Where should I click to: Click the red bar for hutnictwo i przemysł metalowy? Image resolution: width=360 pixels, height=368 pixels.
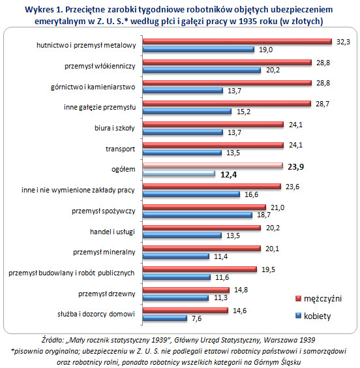[237, 42]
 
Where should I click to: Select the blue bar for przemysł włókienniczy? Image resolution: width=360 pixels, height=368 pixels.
[202, 70]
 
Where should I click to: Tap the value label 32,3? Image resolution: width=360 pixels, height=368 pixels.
[343, 42]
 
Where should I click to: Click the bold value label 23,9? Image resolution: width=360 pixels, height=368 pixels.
[295, 166]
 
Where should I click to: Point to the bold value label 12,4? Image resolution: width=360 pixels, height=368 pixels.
[229, 175]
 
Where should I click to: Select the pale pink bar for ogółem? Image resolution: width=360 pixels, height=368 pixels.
[213, 166]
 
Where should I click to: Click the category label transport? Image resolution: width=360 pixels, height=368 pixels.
[120, 149]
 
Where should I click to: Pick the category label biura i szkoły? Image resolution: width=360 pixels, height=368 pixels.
[114, 128]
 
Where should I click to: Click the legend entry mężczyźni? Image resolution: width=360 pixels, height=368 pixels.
[319, 299]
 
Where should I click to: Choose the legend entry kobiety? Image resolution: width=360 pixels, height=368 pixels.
[313, 316]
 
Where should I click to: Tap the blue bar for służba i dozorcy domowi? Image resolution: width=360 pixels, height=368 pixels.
[165, 318]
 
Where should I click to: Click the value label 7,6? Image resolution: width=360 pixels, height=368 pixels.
[196, 318]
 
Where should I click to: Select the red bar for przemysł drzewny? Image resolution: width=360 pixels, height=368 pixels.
[186, 290]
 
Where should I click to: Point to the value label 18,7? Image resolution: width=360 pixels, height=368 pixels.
[264, 215]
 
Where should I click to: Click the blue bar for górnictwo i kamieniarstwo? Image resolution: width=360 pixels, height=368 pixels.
[183, 91]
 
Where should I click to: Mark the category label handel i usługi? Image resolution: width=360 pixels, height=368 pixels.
[112, 232]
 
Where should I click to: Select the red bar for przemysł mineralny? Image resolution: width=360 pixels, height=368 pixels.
[202, 249]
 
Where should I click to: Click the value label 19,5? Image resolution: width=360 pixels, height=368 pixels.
[268, 269]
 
